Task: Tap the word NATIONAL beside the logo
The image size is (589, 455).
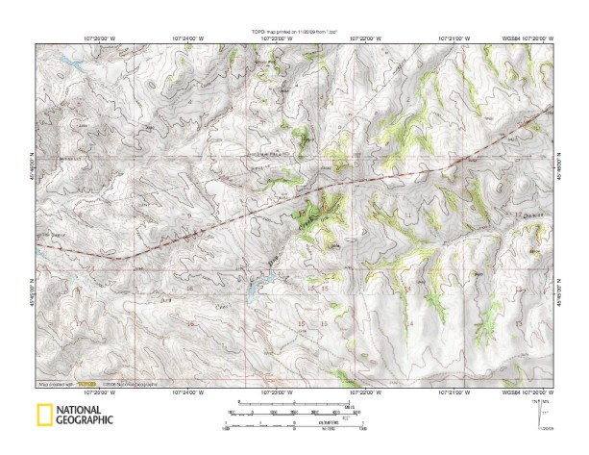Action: tap(85, 409)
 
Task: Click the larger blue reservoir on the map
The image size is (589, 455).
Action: tap(254, 285)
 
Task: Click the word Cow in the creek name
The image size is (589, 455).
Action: tap(220, 301)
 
